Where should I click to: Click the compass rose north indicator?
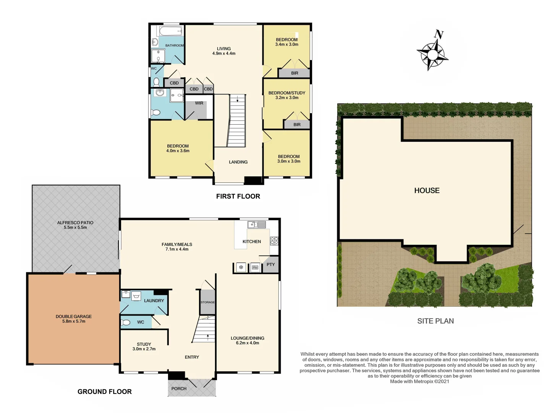click(439, 35)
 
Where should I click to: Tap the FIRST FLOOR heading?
click(238, 196)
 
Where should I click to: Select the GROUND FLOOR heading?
click(104, 392)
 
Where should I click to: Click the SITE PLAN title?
click(435, 321)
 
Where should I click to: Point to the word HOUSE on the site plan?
click(427, 190)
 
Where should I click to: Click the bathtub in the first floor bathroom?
click(170, 31)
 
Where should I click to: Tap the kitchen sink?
click(257, 224)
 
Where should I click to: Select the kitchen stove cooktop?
click(274, 241)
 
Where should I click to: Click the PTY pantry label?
click(271, 265)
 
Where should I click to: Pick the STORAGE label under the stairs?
click(208, 302)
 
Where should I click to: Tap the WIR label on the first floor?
click(199, 103)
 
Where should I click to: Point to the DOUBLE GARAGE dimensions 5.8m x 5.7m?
click(74, 322)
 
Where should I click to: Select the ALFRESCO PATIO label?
click(75, 223)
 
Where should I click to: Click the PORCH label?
click(179, 389)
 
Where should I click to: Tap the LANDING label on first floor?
click(238, 162)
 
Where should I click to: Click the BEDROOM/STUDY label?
click(286, 93)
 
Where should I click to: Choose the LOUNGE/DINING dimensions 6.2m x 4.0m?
click(247, 343)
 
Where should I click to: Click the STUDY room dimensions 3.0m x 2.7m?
click(144, 349)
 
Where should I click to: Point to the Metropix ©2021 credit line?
click(419, 381)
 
